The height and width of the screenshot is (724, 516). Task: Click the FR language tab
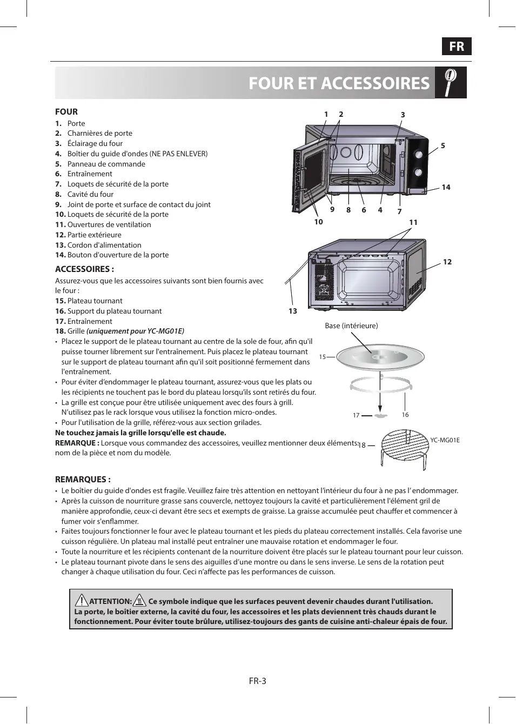tap(457, 47)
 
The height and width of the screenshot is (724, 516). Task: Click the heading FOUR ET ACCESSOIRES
tap(339, 83)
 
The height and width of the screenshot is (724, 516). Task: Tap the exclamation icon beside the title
tap(451, 83)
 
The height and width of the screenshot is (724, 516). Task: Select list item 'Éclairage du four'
tap(95, 143)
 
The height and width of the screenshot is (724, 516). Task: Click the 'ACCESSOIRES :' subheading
tap(84, 269)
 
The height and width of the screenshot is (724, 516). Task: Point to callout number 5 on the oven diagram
tap(443, 145)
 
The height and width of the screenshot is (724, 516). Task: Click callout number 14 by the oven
tap(446, 187)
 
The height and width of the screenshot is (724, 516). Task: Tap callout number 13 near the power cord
tap(293, 311)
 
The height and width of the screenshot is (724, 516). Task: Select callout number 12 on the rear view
tap(447, 262)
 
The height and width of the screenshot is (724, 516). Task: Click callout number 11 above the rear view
tap(413, 222)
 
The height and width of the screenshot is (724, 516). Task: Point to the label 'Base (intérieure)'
tap(351, 326)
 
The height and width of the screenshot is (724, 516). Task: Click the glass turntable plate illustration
tap(380, 357)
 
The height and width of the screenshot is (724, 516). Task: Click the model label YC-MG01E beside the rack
tap(445, 440)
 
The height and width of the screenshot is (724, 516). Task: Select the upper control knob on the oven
tap(418, 155)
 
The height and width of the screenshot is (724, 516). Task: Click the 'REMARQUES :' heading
tap(83, 479)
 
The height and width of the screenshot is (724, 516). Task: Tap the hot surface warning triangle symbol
tap(139, 600)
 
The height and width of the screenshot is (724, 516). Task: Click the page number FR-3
tap(258, 681)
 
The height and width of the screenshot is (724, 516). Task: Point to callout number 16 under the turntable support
tap(405, 415)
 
